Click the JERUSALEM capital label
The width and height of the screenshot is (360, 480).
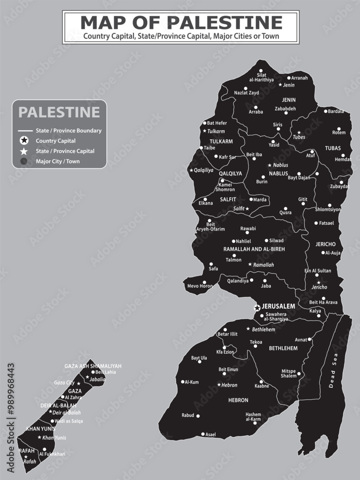[x=278, y=306]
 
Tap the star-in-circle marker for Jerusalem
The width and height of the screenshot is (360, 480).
[x=257, y=308]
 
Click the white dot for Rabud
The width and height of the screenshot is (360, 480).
[x=198, y=416]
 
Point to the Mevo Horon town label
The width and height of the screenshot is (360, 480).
[x=199, y=287]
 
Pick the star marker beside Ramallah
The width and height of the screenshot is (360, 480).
[x=250, y=264]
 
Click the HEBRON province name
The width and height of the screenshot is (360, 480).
[x=239, y=400]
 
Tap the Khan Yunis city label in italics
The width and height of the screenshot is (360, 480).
[x=54, y=438]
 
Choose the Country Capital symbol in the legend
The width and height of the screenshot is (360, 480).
[x=24, y=141]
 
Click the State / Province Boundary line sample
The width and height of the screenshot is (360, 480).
[x=24, y=131]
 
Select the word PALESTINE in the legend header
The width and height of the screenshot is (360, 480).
[x=59, y=112]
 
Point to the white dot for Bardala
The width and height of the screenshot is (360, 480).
[x=325, y=111]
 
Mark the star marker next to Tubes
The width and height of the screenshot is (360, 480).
[x=299, y=132]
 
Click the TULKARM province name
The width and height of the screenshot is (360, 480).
[x=221, y=142]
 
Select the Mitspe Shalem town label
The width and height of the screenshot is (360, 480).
[x=288, y=373]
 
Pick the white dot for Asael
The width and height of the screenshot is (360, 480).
[x=203, y=434]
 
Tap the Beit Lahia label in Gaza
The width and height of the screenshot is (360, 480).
[x=105, y=372]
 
